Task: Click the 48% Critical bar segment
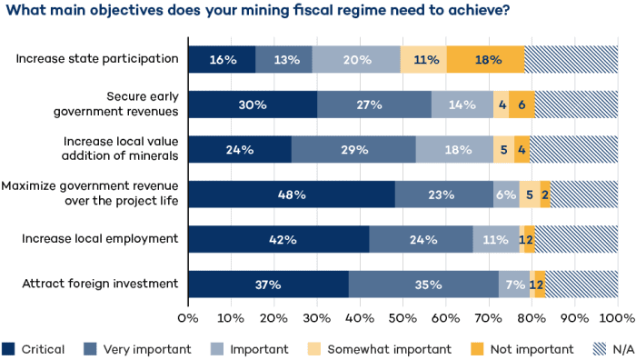tap(292, 195)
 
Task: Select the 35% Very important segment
tap(423, 285)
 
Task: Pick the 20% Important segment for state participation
tap(356, 59)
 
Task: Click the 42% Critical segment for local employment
tap(278, 240)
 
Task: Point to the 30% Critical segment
tap(253, 105)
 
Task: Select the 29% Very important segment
tap(353, 149)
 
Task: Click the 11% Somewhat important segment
tap(423, 59)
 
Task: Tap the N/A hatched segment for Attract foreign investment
tap(581, 285)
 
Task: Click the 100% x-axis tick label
tap(617, 318)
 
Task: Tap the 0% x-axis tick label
tap(188, 318)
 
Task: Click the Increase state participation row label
tap(97, 59)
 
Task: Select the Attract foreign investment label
tap(100, 284)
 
